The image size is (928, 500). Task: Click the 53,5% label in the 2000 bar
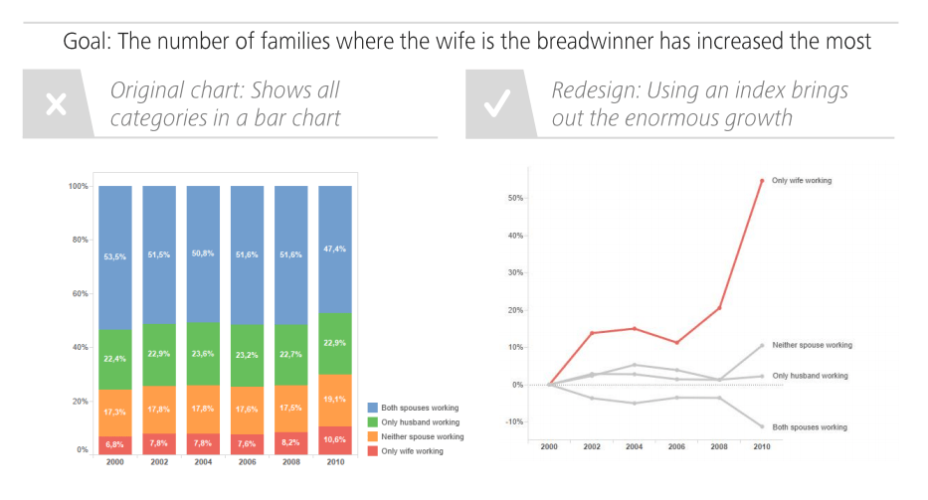pyautogui.click(x=114, y=256)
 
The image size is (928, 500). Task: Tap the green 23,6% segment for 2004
pyautogui.click(x=203, y=354)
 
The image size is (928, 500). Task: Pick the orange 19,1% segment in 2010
pyautogui.click(x=335, y=400)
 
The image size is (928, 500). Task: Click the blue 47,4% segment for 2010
pyautogui.click(x=335, y=249)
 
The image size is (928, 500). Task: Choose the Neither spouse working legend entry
pyautogui.click(x=422, y=436)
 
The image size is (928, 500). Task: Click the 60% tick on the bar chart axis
pyautogui.click(x=77, y=293)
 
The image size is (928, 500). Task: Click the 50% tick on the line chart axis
pyautogui.click(x=515, y=198)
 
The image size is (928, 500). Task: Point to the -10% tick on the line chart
pyautogui.click(x=513, y=421)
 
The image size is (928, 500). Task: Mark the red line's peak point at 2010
pyautogui.click(x=762, y=181)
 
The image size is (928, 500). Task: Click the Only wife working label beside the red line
pyautogui.click(x=802, y=181)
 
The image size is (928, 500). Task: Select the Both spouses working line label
pyautogui.click(x=810, y=427)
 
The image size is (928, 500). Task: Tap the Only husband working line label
pyautogui.click(x=810, y=376)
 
